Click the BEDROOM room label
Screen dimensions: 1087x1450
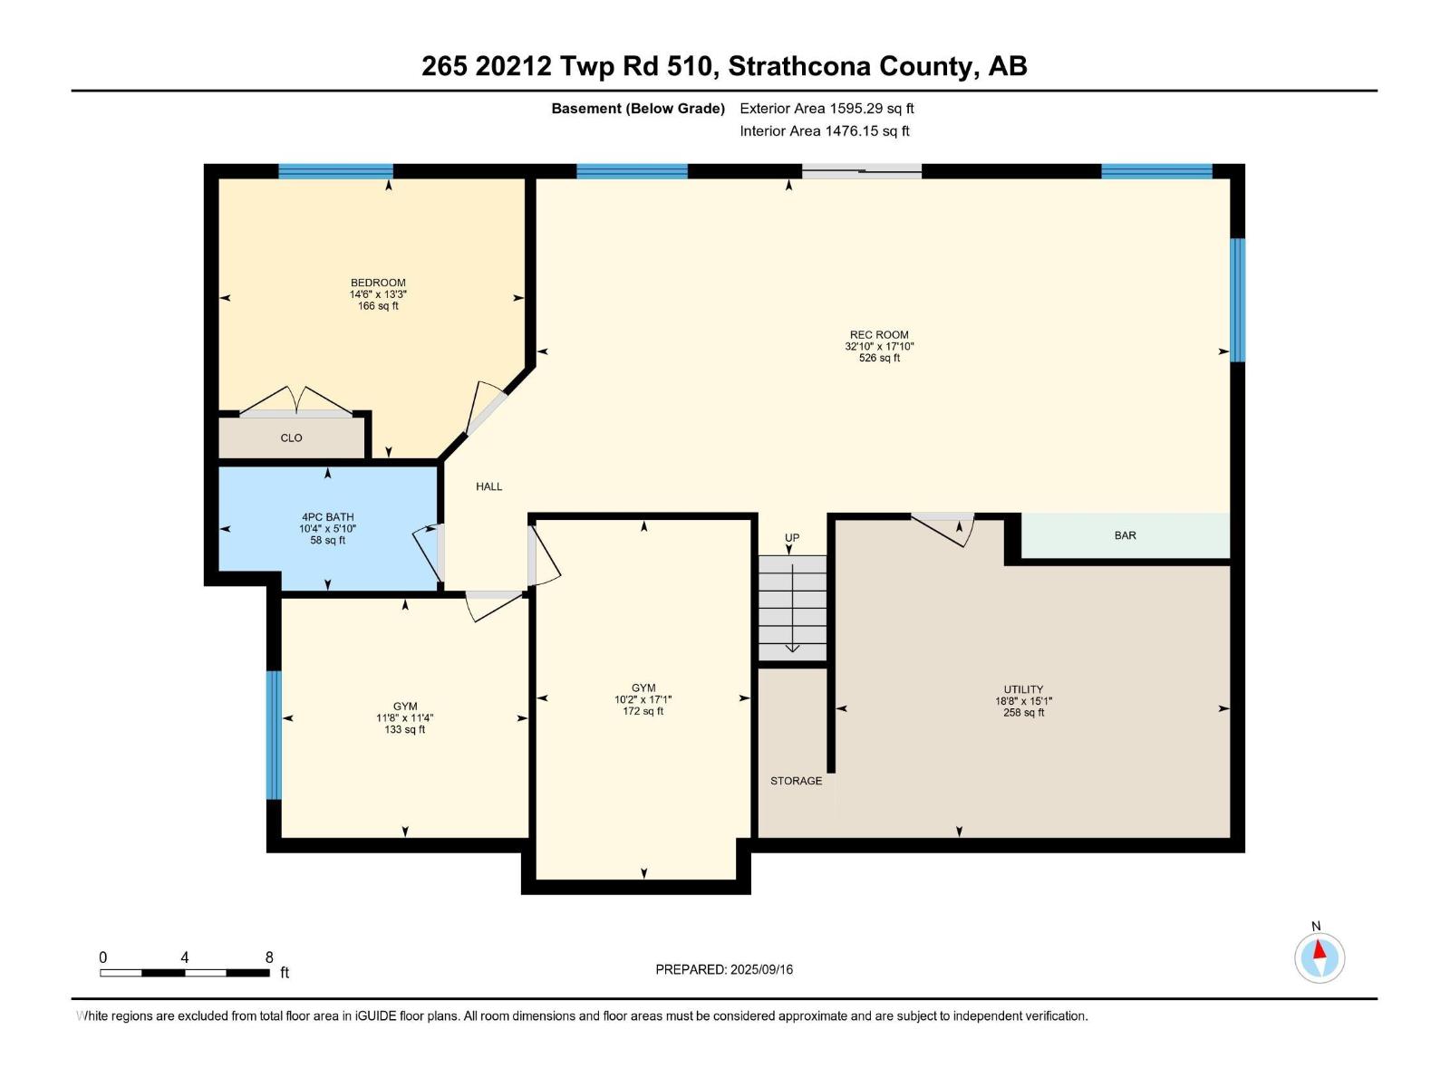378,283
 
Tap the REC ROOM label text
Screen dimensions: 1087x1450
878,334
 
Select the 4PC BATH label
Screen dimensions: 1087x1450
327,517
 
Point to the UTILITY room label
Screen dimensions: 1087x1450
1023,689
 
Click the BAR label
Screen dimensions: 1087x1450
1125,535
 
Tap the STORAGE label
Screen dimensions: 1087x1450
796,781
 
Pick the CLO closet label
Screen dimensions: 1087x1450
291,438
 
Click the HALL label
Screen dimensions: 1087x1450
488,486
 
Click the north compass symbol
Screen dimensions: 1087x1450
1319,957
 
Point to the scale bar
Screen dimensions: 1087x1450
185,973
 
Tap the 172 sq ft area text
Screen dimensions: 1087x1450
643,711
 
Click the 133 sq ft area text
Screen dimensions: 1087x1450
404,729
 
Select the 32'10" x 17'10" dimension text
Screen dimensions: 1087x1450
879,346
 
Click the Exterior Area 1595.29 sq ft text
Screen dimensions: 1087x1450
826,109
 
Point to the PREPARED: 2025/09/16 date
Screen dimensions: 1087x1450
724,969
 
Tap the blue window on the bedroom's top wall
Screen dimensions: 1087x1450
335,171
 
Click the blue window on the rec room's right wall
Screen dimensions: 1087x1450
1237,300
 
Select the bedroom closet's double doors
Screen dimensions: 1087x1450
296,402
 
